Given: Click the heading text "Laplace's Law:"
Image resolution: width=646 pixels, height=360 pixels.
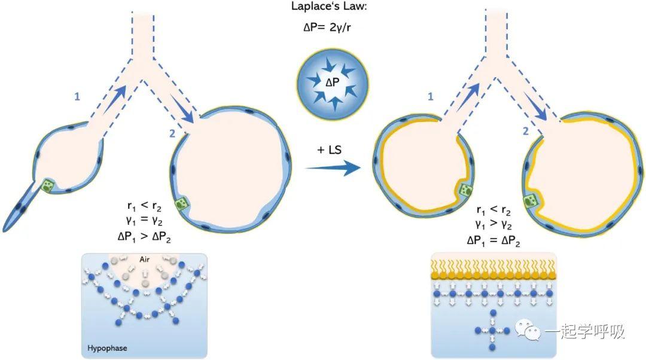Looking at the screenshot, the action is coord(328,7).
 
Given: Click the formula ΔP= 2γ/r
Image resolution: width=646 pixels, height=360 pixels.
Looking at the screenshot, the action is coord(328,27).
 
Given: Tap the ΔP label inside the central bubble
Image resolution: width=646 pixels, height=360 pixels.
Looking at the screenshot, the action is coord(333,83).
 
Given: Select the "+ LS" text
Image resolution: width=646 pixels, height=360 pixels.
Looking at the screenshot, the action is coord(329,150).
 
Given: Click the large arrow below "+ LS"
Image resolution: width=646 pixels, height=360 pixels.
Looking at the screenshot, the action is coord(333,167).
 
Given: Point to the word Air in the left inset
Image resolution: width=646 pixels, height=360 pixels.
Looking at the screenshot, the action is coord(144,260).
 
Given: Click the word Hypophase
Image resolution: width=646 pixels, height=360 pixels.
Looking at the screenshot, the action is coord(107,348).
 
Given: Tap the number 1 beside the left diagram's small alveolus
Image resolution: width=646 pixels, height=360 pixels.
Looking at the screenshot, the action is coord(77,97).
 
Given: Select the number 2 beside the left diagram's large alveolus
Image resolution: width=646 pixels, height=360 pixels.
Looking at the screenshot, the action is coord(172,133).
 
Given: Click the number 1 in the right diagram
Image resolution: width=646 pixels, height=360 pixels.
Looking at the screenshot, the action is coord(431,96).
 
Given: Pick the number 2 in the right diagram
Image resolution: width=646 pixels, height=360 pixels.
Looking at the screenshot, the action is coord(525,132).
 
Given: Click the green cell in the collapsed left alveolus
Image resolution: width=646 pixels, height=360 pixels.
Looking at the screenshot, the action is coord(48,185).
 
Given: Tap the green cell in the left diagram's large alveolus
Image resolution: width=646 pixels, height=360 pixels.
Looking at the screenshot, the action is coord(181,204).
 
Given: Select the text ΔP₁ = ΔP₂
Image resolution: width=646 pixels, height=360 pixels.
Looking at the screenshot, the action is coord(493,241).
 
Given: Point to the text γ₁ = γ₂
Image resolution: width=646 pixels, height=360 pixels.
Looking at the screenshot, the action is coord(144,221).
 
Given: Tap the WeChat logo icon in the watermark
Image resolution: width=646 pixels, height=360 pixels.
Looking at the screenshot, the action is coord(528,330).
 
